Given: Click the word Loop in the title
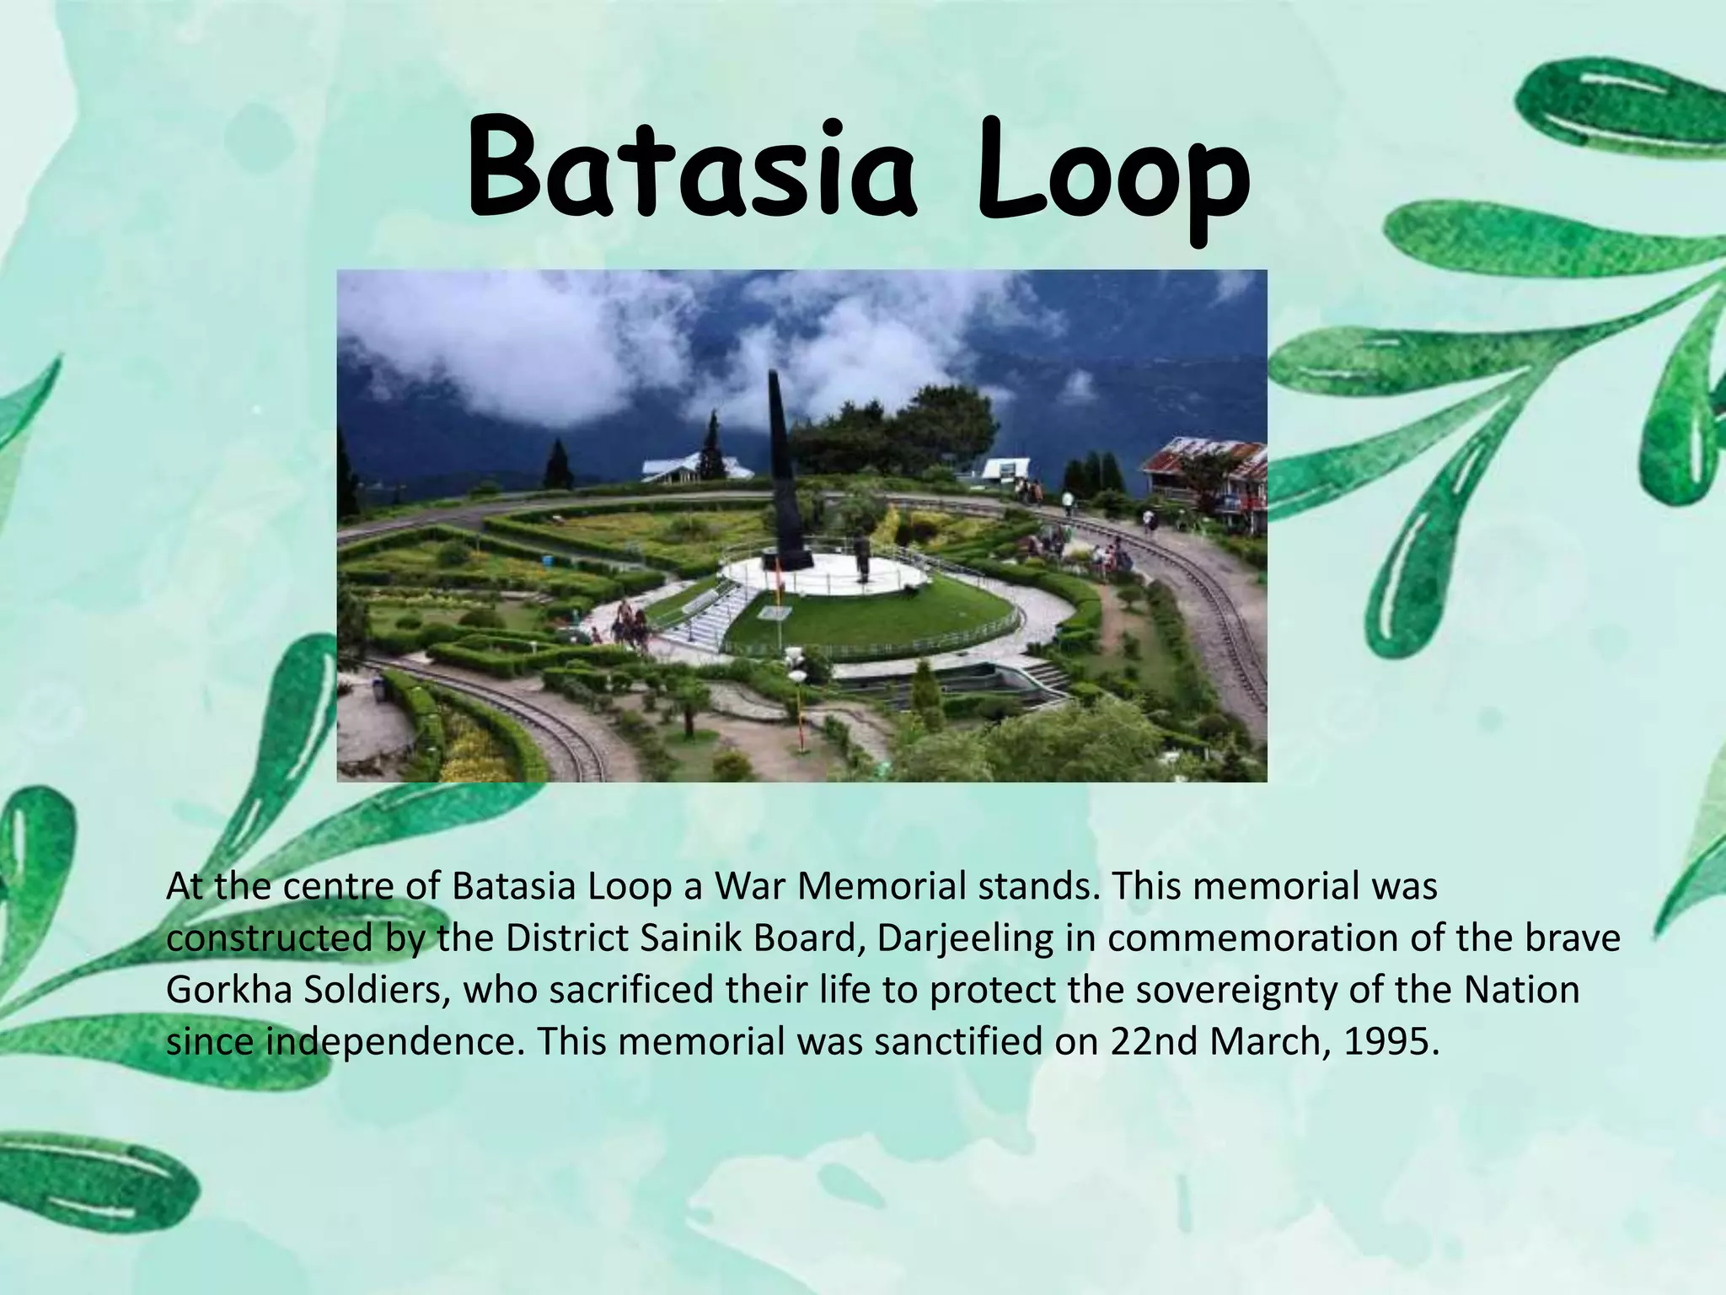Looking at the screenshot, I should tap(1112, 173).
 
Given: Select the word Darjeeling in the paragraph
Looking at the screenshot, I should tap(965, 938).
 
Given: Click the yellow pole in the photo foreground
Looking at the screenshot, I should tap(796, 708).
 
